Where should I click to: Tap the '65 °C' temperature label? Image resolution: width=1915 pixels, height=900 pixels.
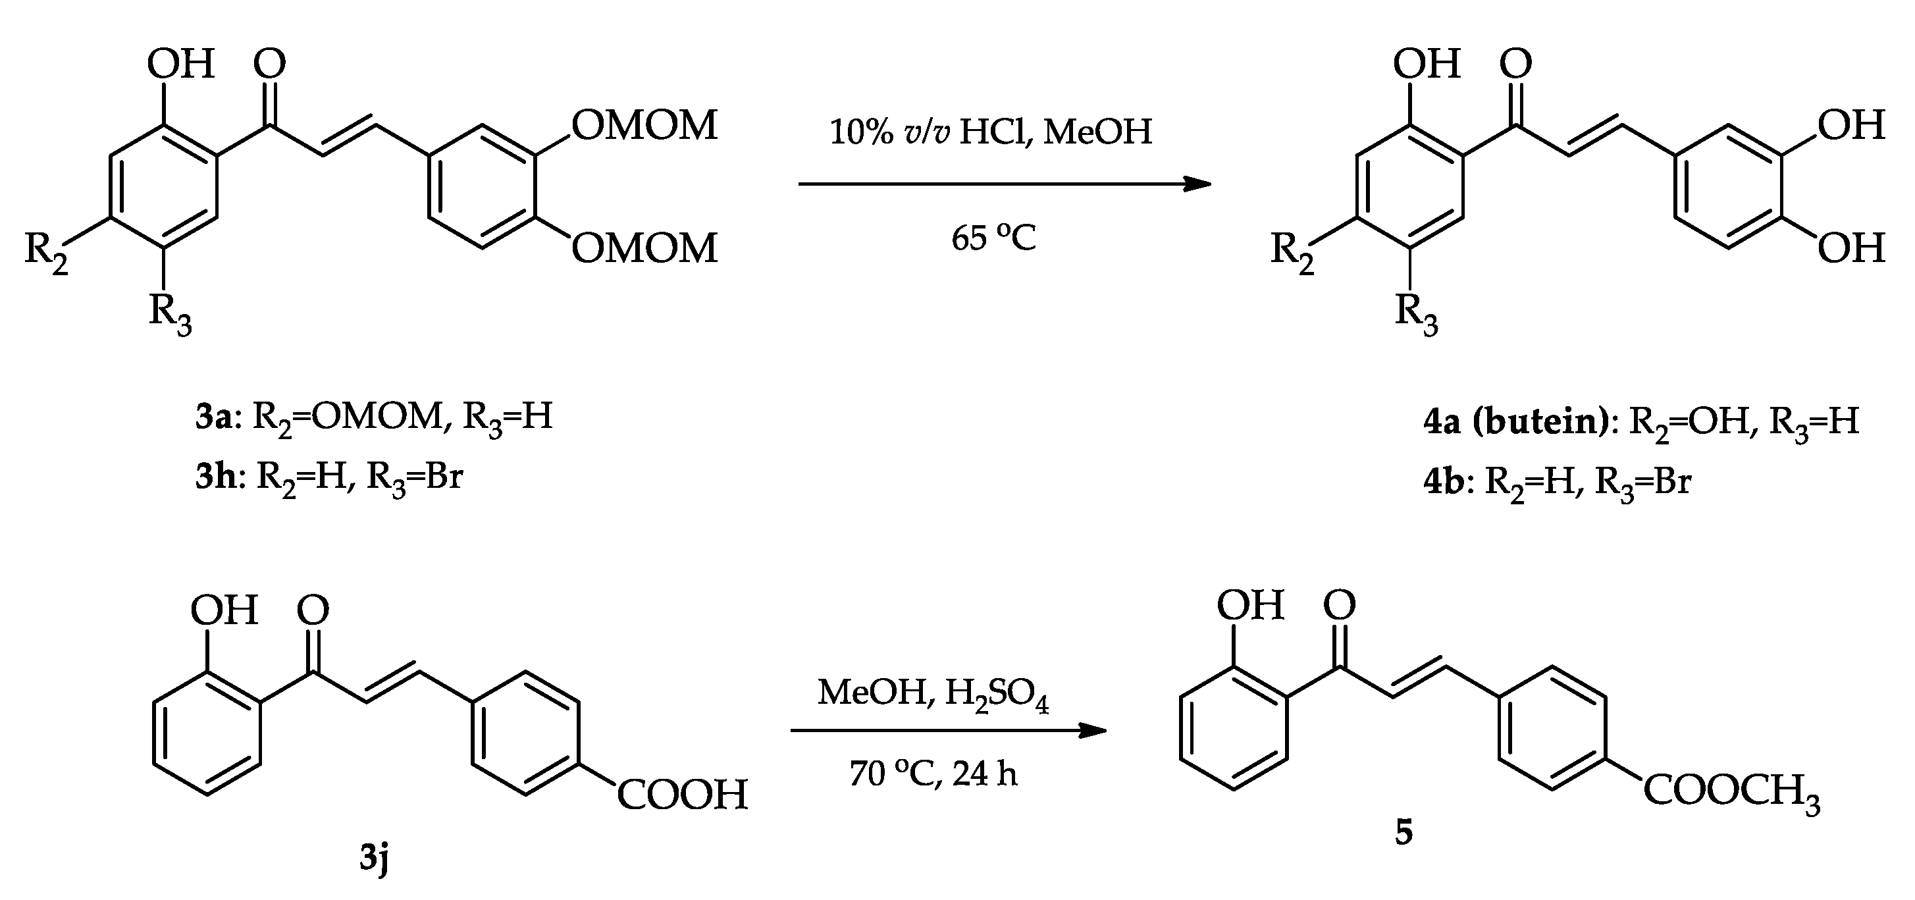point(993,238)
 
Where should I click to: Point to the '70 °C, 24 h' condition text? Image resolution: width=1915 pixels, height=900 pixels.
point(933,774)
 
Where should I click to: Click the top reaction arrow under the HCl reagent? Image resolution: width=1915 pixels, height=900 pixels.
point(1004,184)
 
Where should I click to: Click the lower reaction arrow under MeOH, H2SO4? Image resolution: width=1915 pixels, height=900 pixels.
point(948,731)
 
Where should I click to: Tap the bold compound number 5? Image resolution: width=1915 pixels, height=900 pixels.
point(1403,832)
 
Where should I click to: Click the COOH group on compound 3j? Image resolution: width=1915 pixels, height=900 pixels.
point(682,795)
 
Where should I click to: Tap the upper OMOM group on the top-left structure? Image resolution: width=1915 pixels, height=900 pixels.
point(644,125)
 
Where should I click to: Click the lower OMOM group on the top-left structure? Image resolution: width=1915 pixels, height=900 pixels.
point(644,248)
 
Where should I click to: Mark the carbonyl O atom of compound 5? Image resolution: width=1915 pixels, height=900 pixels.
point(1339,606)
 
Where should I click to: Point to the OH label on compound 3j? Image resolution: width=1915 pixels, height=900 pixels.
point(224,611)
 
